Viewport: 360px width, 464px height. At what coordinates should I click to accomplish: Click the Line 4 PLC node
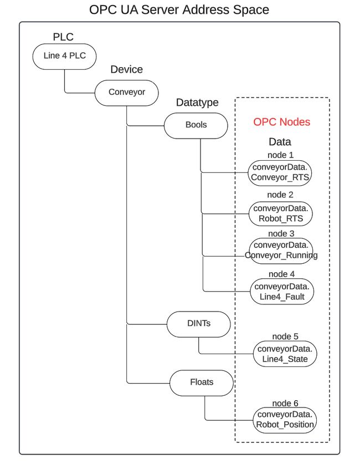click(64, 56)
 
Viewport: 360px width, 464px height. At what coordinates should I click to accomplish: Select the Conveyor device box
click(127, 92)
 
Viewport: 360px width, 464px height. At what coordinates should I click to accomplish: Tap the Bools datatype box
click(196, 125)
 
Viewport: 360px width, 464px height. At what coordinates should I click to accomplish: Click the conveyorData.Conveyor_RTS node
click(280, 172)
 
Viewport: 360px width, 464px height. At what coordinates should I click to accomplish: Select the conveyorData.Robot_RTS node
click(280, 213)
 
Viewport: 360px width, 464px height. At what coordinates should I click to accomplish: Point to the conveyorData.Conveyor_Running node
click(281, 250)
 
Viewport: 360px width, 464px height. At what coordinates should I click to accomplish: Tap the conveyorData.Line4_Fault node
click(281, 292)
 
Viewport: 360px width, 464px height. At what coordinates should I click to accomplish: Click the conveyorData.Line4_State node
click(285, 354)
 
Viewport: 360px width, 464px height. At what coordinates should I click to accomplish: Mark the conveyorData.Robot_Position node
click(285, 420)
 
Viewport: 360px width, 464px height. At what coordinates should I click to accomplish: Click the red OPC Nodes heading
click(281, 122)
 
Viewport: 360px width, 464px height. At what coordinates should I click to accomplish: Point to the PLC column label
click(63, 38)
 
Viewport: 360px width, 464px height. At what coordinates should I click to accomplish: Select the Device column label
click(126, 70)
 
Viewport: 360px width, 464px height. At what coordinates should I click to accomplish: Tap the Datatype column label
click(197, 103)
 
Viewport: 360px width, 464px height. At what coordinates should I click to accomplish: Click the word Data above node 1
click(280, 142)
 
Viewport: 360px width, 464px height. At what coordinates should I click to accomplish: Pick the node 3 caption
click(280, 234)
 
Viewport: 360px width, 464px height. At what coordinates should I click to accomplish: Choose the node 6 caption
click(285, 403)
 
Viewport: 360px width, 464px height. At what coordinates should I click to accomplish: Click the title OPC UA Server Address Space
click(179, 10)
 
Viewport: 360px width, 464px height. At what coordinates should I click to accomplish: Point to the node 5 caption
click(285, 336)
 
